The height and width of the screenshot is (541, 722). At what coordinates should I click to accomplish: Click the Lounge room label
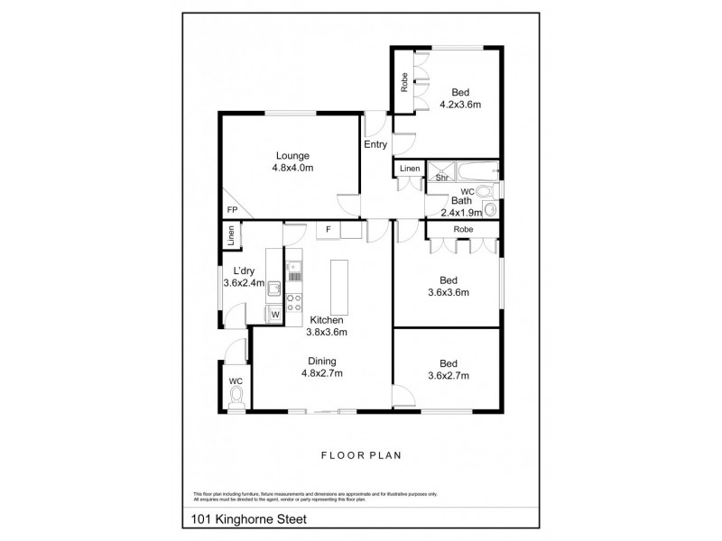(292, 155)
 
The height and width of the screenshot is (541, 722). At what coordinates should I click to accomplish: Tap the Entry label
(375, 144)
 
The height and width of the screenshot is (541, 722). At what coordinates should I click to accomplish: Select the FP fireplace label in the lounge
(232, 210)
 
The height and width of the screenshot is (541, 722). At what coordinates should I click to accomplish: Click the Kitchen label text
(328, 320)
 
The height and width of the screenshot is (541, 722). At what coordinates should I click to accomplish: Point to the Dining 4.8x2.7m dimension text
(321, 374)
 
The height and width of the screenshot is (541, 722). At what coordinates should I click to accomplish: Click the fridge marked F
(329, 230)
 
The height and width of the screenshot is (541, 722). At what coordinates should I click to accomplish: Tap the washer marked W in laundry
(275, 314)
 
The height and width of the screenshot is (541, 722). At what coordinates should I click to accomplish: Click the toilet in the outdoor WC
(236, 398)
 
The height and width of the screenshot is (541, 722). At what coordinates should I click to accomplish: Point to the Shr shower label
(441, 178)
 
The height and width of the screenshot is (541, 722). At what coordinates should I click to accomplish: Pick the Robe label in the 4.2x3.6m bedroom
(405, 84)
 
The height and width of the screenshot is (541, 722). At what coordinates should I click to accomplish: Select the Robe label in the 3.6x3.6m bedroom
(463, 230)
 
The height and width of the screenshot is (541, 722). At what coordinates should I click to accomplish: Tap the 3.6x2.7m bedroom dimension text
(448, 376)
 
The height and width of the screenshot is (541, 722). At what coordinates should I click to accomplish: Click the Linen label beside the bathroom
(410, 169)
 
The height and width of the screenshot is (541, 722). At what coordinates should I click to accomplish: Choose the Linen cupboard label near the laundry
(232, 236)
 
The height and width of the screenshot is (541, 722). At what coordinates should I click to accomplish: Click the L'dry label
(242, 271)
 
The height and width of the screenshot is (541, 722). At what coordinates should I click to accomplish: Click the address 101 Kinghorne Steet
(249, 518)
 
